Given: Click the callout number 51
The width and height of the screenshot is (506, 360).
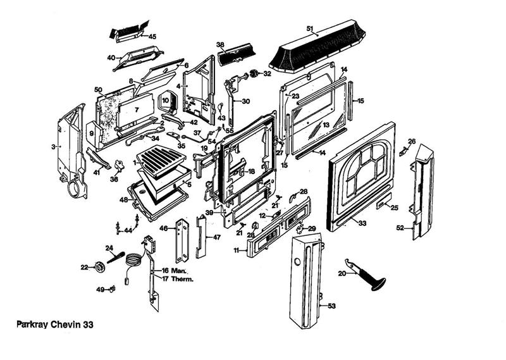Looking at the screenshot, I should click(310, 28).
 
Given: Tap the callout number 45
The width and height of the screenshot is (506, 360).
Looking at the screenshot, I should click(152, 36).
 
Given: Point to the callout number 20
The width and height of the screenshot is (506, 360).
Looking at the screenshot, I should click(342, 273).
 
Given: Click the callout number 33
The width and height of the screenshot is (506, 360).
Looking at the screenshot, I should click(362, 223).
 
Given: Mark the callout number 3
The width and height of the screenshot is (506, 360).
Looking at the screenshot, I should click(53, 146).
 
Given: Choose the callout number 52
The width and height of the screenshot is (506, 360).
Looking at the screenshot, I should click(400, 227).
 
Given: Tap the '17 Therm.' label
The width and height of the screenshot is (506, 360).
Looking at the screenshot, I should click(177, 278).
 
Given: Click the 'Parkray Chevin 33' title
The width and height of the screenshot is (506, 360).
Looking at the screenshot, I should click(56, 323).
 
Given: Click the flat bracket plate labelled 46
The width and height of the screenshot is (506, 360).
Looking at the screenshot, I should click(184, 240).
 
